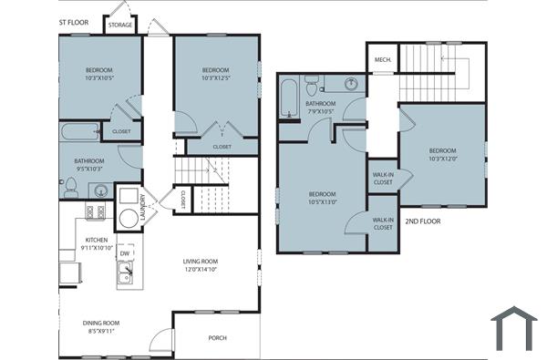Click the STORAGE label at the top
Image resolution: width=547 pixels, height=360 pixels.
click(119, 26)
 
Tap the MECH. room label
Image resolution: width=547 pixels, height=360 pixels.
click(383, 60)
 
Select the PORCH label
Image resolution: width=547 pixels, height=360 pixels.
click(218, 338)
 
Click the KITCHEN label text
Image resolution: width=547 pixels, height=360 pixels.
click(97, 241)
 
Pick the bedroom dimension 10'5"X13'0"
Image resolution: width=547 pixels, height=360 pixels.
click(322, 202)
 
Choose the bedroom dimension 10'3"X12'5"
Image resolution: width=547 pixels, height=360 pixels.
click(215, 79)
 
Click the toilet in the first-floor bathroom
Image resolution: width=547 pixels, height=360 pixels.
click(70, 187)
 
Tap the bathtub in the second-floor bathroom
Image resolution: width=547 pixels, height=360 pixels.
click(291, 98)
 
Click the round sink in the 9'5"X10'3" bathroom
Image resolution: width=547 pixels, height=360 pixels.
click(100, 190)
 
